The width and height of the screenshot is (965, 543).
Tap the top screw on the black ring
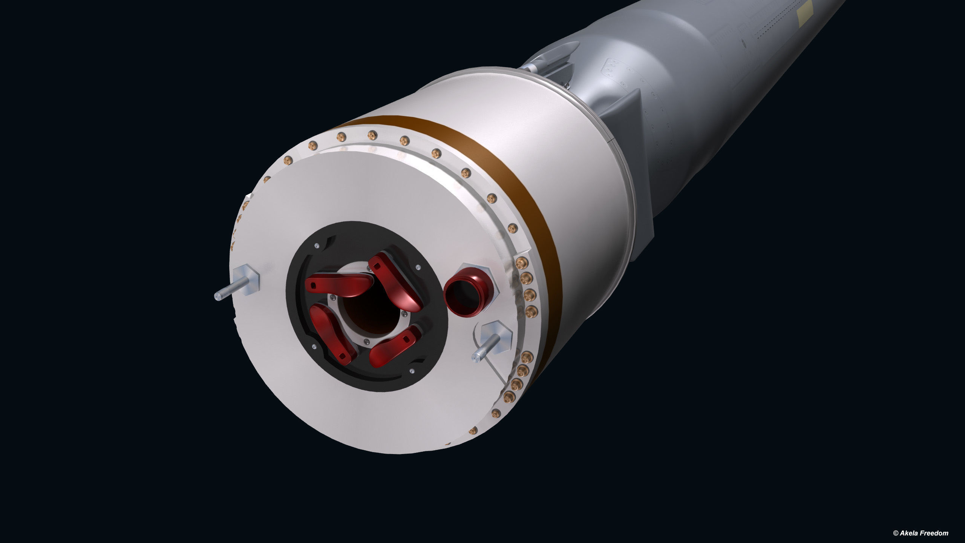click(316, 245)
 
